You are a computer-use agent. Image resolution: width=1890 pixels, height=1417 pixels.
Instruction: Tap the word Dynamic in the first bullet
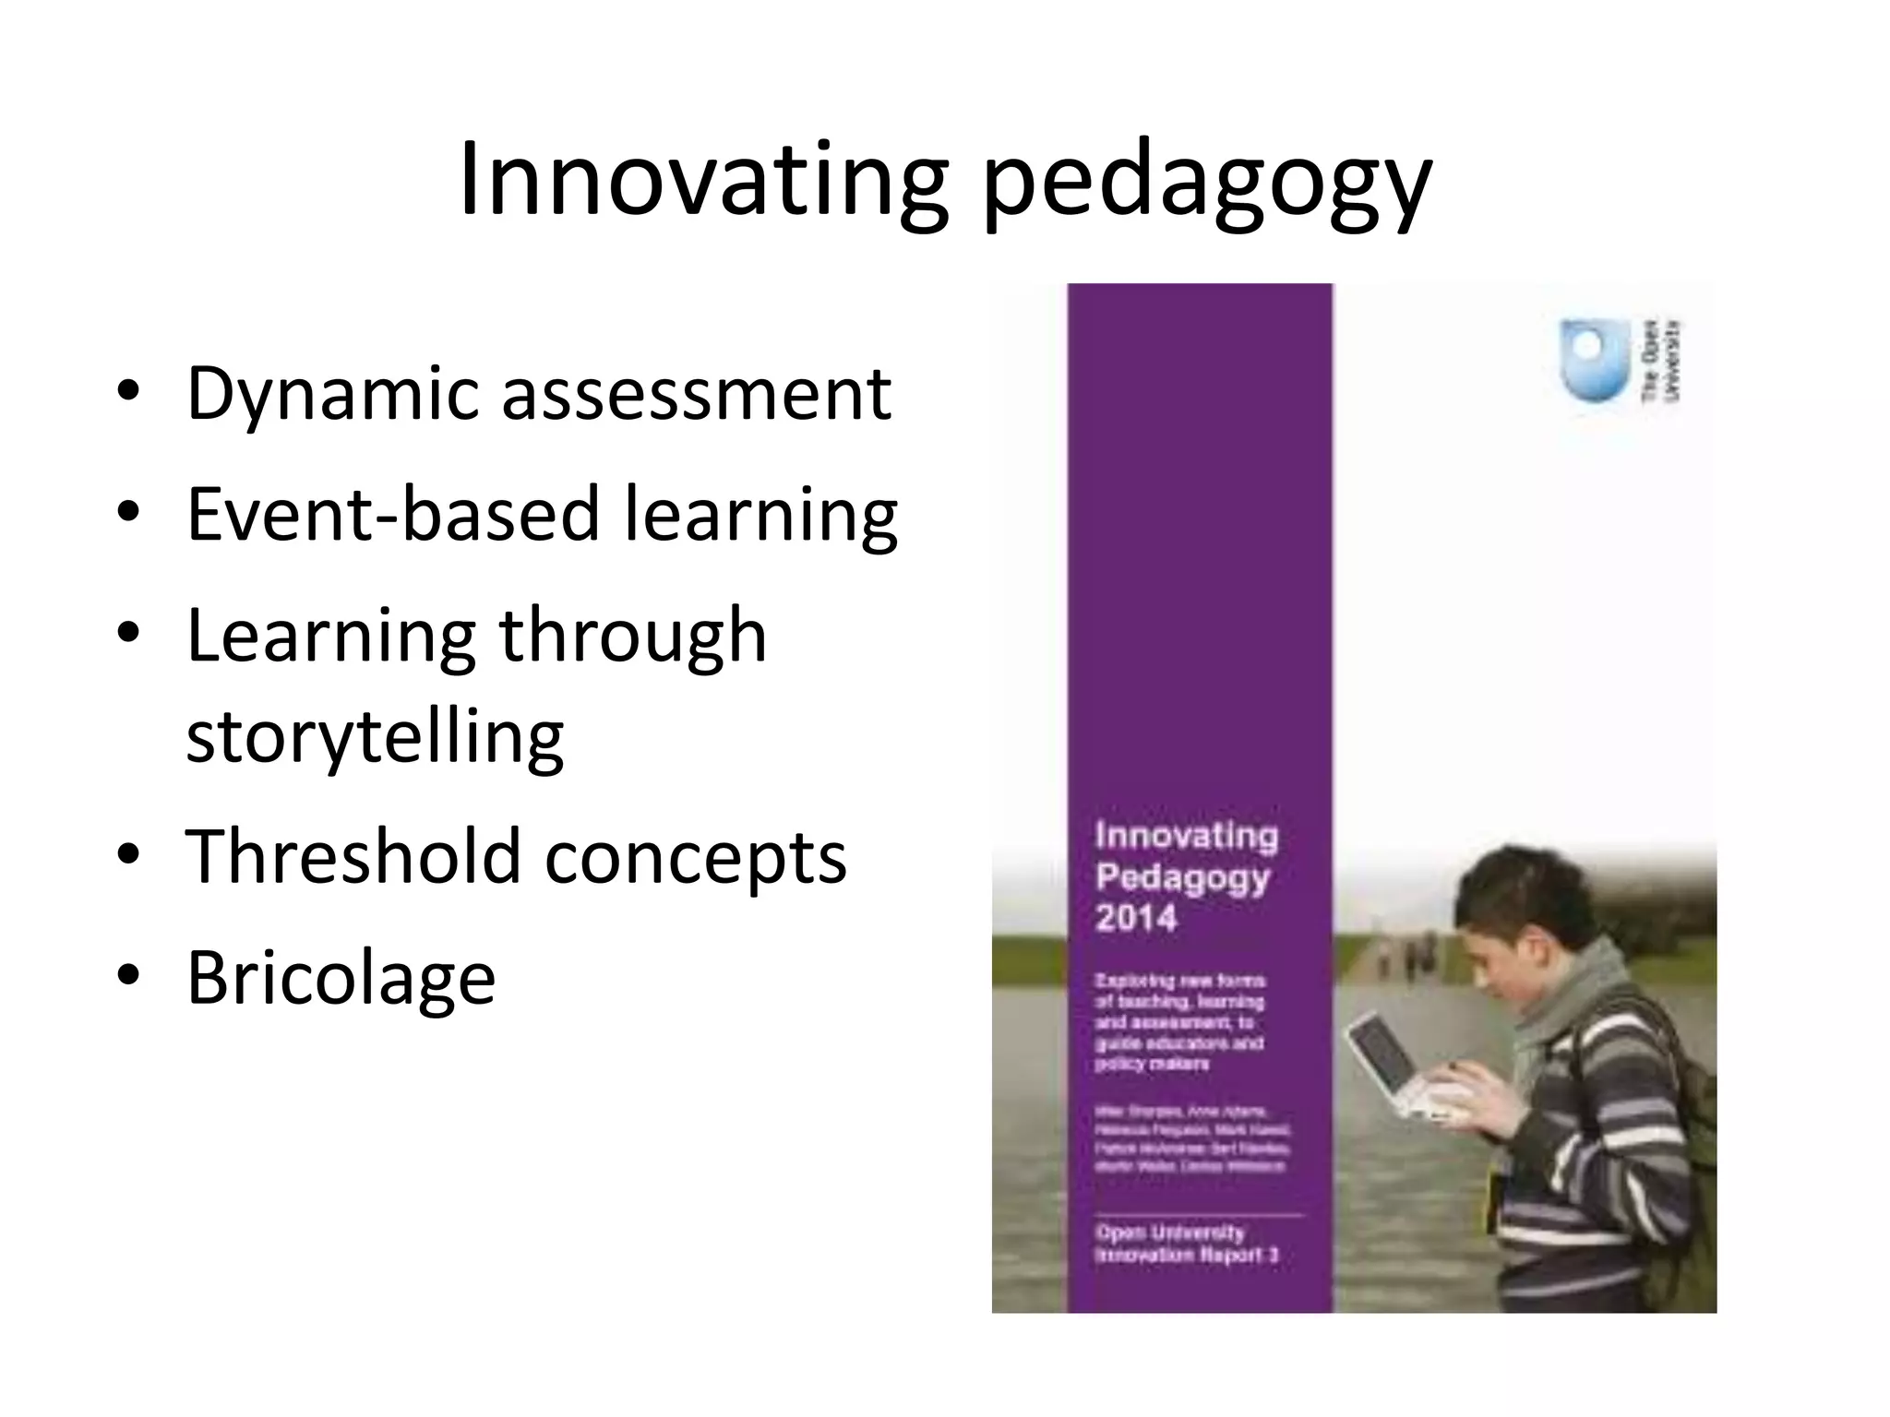pos(331,396)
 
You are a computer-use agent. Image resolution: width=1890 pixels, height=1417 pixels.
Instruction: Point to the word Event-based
pos(393,514)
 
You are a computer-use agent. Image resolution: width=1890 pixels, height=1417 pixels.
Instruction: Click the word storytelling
pos(375,737)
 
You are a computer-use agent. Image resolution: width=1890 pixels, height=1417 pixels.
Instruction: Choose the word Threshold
pos(353,856)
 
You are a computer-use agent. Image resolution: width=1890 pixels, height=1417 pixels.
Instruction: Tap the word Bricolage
pos(341,978)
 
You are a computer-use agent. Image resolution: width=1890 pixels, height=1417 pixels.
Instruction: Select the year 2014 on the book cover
pos(1136,918)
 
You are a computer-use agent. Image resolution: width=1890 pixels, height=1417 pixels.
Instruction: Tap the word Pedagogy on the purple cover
pos(1182,877)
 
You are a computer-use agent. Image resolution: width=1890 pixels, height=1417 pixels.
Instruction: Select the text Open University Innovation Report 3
pos(1186,1244)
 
